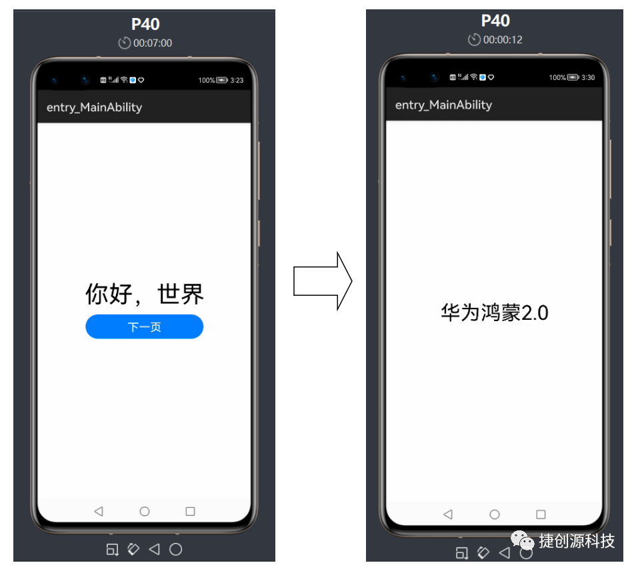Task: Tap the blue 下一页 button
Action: click(x=144, y=326)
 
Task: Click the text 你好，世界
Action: click(x=144, y=293)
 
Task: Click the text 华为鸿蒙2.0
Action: click(x=494, y=312)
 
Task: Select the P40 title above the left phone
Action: click(x=145, y=24)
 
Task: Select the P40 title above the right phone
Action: click(x=495, y=21)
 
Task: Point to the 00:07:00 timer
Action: click(x=152, y=43)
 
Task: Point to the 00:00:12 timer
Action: click(x=502, y=40)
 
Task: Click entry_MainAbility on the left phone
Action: click(x=94, y=107)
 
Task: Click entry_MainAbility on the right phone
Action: click(x=443, y=105)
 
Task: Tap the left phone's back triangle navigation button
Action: click(x=99, y=511)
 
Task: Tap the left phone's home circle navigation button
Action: click(x=144, y=511)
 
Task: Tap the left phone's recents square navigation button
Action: click(x=190, y=511)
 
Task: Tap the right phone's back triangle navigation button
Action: click(x=448, y=514)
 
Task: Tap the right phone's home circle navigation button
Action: click(x=494, y=514)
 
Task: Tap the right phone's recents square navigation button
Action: click(x=541, y=514)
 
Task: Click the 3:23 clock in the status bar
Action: click(x=237, y=80)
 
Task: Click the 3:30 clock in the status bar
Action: click(x=587, y=77)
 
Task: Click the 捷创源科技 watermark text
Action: click(x=577, y=541)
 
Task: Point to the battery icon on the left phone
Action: click(x=222, y=80)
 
